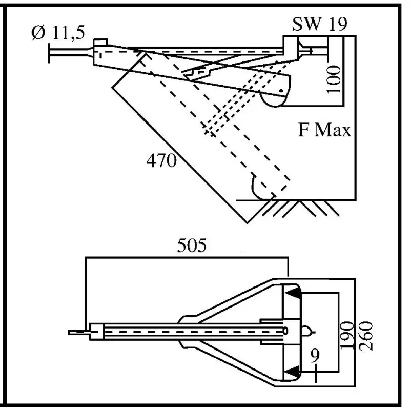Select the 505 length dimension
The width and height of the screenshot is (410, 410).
coord(192,247)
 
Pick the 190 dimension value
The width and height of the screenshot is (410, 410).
coord(348,336)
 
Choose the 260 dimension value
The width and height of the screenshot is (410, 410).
coord(367,336)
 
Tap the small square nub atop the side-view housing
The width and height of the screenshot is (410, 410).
coord(100,41)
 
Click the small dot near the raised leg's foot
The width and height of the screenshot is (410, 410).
coord(280,91)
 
